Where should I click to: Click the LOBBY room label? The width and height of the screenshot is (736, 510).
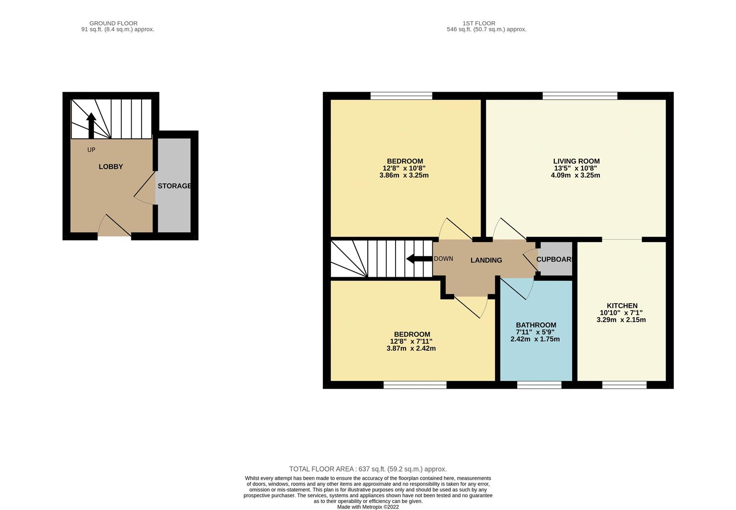(x=110, y=167)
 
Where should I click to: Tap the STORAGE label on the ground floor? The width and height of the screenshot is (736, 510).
(x=174, y=186)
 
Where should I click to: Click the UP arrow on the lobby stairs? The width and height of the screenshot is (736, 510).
(x=91, y=125)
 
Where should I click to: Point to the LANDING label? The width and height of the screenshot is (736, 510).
(x=486, y=260)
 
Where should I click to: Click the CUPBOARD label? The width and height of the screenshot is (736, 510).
(x=555, y=259)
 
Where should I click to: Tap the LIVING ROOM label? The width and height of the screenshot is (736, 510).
(x=576, y=161)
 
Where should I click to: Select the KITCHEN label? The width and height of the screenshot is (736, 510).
(x=622, y=306)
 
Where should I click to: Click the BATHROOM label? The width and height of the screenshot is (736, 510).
(x=536, y=325)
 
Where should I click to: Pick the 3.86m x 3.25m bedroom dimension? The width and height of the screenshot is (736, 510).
(x=404, y=175)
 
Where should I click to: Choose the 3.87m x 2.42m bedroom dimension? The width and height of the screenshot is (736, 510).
(x=411, y=348)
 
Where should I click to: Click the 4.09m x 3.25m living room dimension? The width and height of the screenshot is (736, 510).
(x=575, y=175)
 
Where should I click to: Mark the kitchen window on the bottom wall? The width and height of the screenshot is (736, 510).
(x=624, y=385)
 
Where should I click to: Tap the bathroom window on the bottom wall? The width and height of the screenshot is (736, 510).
(x=539, y=385)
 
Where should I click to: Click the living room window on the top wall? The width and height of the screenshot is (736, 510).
(x=580, y=96)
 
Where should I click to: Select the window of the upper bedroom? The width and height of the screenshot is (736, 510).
(x=401, y=96)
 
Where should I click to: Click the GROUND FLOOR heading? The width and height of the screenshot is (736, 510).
(x=113, y=23)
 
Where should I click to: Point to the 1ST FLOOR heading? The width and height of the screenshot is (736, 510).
(x=479, y=23)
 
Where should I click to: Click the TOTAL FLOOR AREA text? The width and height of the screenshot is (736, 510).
(x=368, y=469)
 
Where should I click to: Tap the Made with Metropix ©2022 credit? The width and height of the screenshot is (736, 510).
(x=368, y=507)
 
